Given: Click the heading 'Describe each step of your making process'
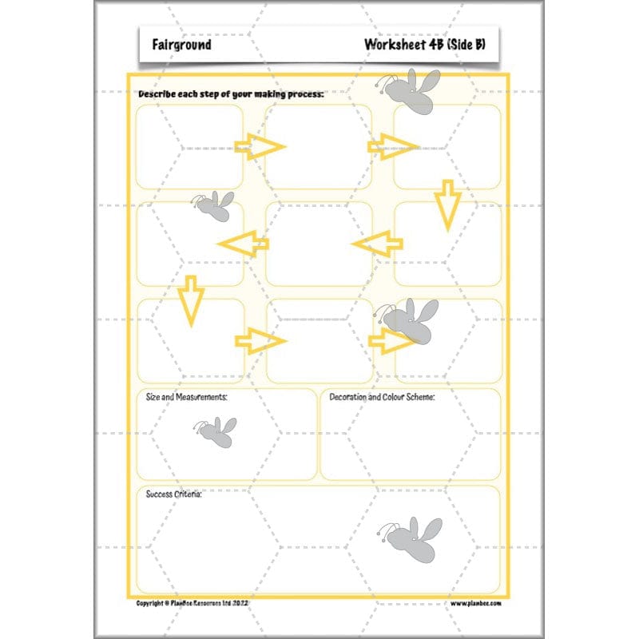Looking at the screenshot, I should [x=231, y=94].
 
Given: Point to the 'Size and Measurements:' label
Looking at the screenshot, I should [x=187, y=397].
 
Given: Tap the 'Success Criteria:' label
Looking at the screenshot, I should [x=173, y=494].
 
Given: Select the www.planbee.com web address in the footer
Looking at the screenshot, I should [x=475, y=604].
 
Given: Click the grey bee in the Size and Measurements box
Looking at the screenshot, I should [x=215, y=432].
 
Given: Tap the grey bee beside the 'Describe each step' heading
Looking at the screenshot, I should [x=411, y=90].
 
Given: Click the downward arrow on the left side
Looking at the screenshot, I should [x=190, y=300].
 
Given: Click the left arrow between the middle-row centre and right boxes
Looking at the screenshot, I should [x=376, y=244].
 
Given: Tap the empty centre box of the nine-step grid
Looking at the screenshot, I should [x=319, y=244].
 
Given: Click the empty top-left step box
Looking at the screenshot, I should [x=189, y=147].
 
